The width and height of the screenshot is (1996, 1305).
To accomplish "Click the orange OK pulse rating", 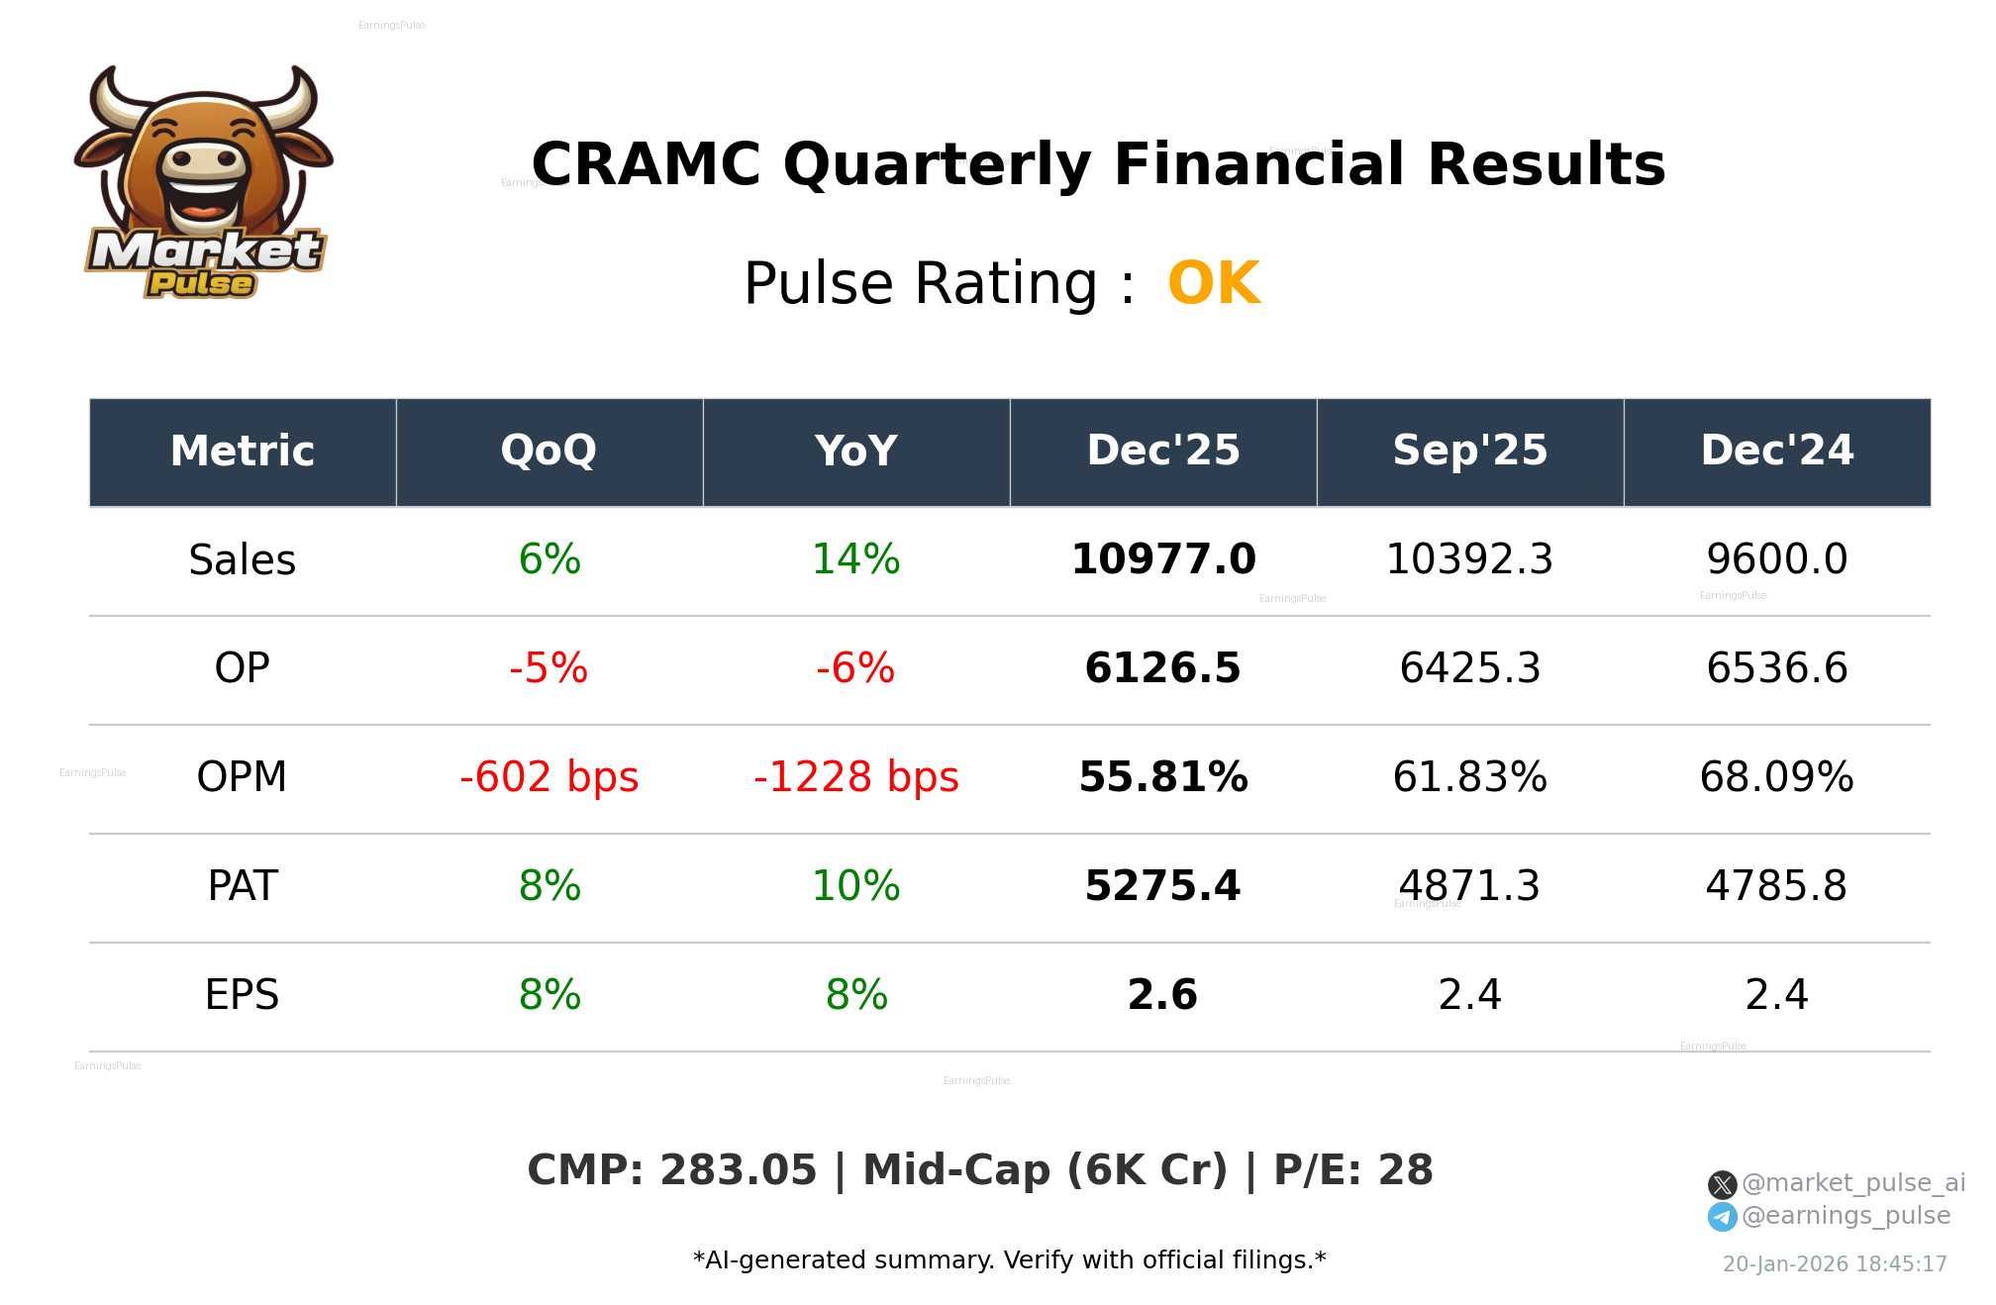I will [x=1213, y=284].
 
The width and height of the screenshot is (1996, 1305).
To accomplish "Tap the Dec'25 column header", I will [x=1162, y=452].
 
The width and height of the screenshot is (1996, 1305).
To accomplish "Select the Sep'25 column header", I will [x=1469, y=452].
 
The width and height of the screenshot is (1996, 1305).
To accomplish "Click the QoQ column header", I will [x=549, y=452].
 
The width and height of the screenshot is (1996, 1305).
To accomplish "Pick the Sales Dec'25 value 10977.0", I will [x=1162, y=560].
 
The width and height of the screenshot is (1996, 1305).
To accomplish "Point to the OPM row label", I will [x=242, y=778].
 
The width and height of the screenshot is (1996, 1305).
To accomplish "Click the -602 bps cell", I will [x=549, y=778].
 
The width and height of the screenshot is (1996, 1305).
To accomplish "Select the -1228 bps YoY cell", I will [x=855, y=778].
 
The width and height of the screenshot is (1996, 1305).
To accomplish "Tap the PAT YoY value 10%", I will [x=855, y=887].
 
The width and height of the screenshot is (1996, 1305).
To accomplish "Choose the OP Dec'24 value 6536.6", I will [x=1776, y=669].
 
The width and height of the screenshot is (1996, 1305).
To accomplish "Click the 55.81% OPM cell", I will [x=1162, y=778].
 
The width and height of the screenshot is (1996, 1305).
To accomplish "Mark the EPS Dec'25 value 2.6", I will [x=1162, y=996].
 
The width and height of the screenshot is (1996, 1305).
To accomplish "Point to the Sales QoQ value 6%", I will [x=549, y=560].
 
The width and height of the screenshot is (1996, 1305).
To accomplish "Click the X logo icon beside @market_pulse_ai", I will [x=1722, y=1184].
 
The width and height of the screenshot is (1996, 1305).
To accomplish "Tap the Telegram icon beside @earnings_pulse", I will [x=1722, y=1217].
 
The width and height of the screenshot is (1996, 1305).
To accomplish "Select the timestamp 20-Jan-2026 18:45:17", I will [x=1834, y=1264].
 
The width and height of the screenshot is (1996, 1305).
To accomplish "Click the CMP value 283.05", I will [x=738, y=1170].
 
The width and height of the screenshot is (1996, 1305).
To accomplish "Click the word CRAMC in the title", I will [x=646, y=164].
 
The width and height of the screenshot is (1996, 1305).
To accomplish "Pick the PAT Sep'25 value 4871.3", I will [x=1469, y=887].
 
